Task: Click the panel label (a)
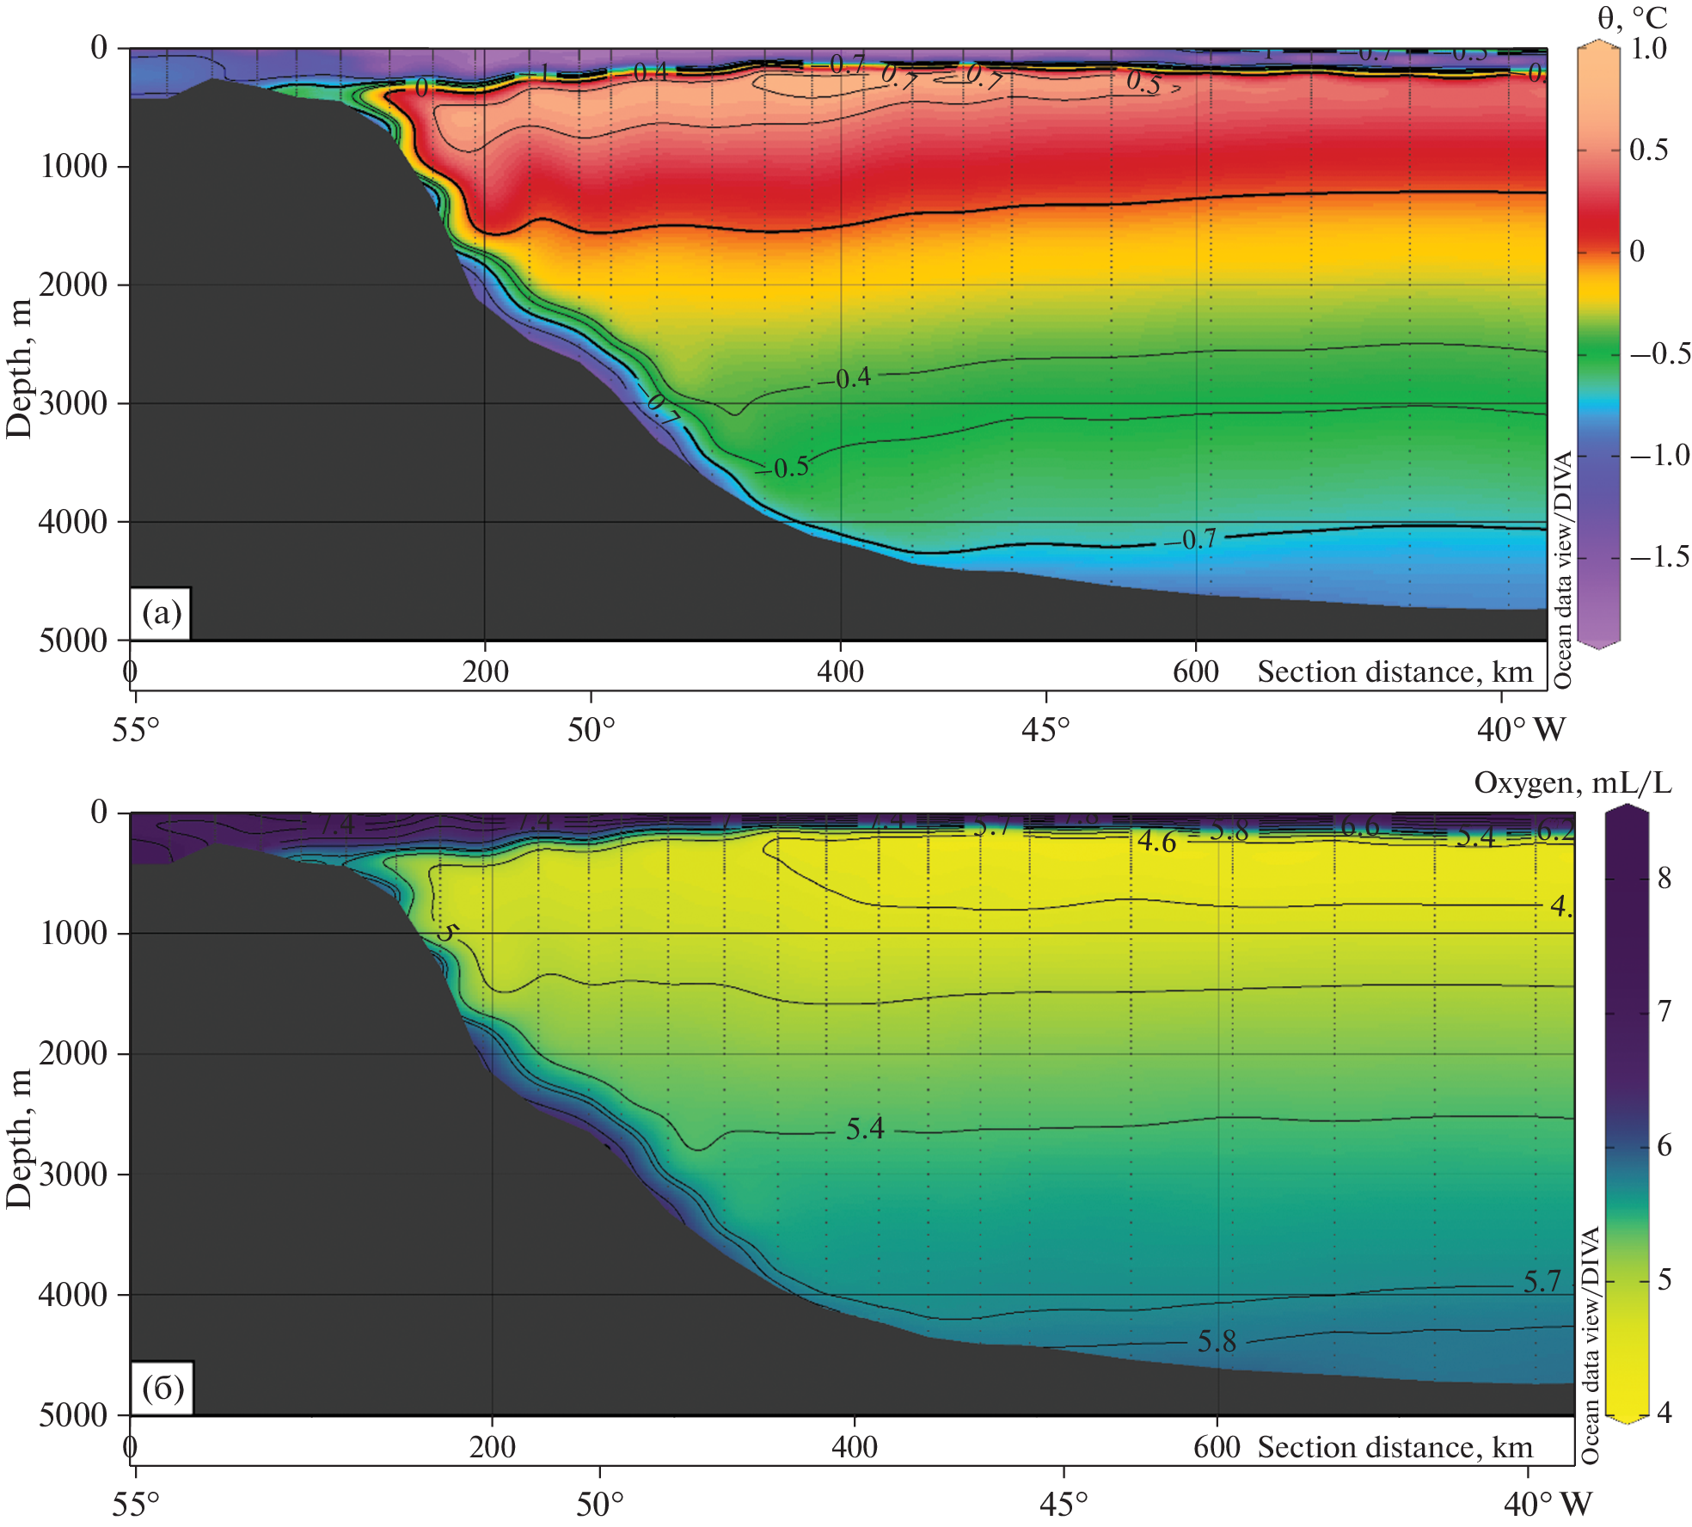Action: coord(162,614)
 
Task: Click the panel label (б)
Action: coord(162,1388)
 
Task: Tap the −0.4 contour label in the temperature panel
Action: coord(845,377)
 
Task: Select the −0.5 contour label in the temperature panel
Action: coord(783,467)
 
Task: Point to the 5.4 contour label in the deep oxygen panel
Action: coord(864,1128)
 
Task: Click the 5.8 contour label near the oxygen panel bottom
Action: coord(1217,1340)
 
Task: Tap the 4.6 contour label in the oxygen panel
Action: coord(1156,841)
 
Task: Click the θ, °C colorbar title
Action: coord(1631,17)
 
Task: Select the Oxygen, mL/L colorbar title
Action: coord(1572,782)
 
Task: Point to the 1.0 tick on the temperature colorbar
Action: coord(1648,48)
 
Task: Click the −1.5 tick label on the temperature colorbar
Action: coord(1658,557)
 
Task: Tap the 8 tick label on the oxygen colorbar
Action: coord(1664,878)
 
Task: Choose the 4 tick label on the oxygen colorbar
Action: coord(1664,1413)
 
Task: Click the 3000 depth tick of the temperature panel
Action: coord(73,402)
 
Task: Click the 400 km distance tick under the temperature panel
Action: coord(840,672)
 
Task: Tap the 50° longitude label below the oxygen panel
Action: coord(599,1504)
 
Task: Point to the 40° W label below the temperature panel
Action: coord(1521,730)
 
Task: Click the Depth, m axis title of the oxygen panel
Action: coord(19,1139)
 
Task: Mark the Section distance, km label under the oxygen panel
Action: coord(1395,1447)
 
